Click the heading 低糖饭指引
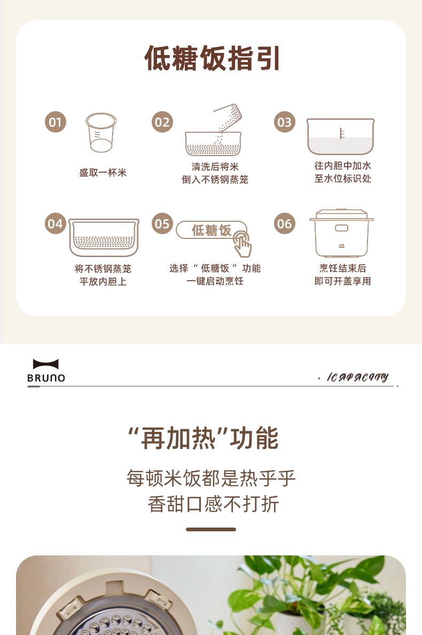tap(212, 58)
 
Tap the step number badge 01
tap(56, 122)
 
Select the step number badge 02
tap(162, 122)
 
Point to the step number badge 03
tap(284, 122)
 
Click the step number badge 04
tap(56, 223)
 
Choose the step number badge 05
tap(162, 223)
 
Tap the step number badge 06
tap(284, 223)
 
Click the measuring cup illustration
tap(101, 133)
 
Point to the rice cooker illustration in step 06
tap(341, 233)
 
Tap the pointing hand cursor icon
tap(243, 244)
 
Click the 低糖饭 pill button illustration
tap(211, 230)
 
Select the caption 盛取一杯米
tap(103, 173)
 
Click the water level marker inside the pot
tap(342, 133)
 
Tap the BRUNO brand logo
tap(46, 370)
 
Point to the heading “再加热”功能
tap(204, 438)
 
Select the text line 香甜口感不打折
tap(213, 504)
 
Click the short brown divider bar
tap(211, 529)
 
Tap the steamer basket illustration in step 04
tap(104, 237)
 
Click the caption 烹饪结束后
tap(343, 268)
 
